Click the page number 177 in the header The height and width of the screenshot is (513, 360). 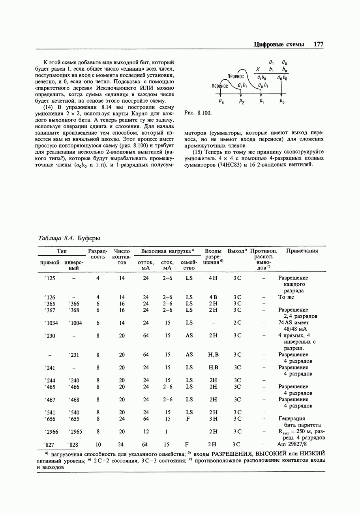(x=319, y=45)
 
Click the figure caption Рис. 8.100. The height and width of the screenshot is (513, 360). (x=198, y=113)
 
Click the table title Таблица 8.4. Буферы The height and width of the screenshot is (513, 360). (x=69, y=238)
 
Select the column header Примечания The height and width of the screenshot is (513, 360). (x=302, y=251)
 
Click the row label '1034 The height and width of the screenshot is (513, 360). (x=51, y=323)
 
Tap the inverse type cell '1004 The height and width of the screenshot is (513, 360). (x=75, y=323)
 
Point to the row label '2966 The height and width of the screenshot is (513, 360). (x=51, y=431)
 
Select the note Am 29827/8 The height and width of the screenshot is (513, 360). (x=292, y=444)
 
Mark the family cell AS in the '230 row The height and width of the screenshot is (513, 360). (x=189, y=336)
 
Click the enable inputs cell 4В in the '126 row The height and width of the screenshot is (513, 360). (x=213, y=297)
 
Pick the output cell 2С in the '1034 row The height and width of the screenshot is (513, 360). (x=237, y=323)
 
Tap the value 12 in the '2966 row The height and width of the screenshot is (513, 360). (x=146, y=431)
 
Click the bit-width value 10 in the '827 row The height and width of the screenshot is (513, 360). (x=97, y=444)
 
